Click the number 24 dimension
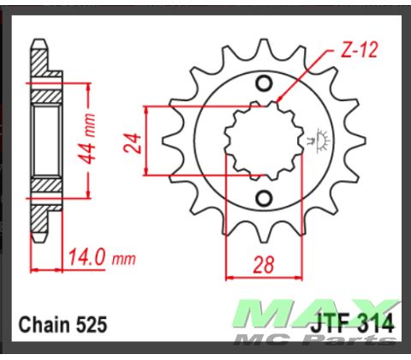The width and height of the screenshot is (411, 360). click(132, 140)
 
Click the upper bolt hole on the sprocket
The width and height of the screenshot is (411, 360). click(265, 82)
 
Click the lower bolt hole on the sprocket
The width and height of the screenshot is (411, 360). click(265, 195)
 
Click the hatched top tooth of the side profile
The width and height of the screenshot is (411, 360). click(40, 61)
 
